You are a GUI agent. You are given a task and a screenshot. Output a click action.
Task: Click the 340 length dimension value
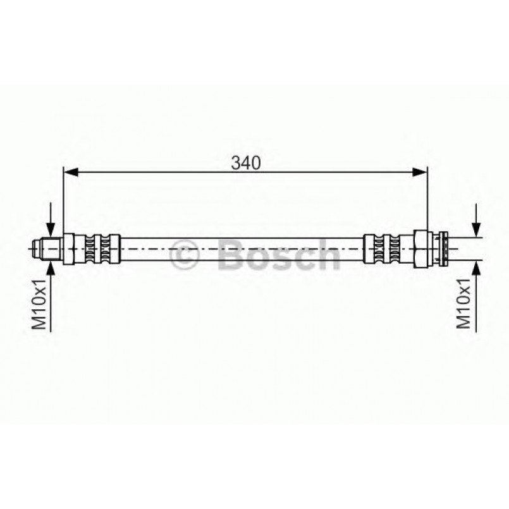246,163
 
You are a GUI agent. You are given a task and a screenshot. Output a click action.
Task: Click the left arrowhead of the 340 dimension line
71,173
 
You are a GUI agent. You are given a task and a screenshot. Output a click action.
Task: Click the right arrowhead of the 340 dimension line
419,173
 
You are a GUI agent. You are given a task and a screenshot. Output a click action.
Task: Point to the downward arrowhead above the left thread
51,230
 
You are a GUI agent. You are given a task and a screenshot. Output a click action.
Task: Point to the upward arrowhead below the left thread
51,267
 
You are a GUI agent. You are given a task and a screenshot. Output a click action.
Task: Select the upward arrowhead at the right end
476,267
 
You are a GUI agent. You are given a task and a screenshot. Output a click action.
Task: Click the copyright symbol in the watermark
184,255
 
